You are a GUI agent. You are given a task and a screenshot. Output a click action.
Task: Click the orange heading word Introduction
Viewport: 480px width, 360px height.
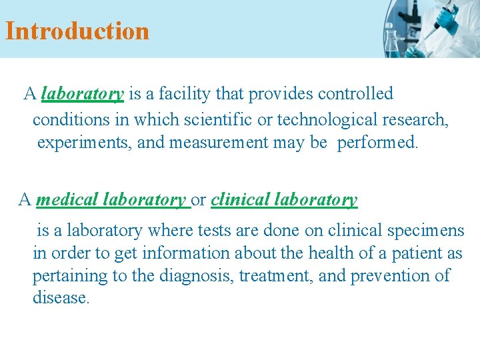pyautogui.click(x=77, y=31)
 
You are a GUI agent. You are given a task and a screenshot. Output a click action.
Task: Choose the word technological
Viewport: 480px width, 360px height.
pyautogui.click(x=327, y=120)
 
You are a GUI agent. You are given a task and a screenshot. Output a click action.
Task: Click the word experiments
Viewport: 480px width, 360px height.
pyautogui.click(x=84, y=143)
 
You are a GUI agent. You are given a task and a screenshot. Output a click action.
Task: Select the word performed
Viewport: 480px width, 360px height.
pyautogui.click(x=377, y=143)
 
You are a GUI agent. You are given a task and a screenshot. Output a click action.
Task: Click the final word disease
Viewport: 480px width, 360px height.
pyautogui.click(x=61, y=298)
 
